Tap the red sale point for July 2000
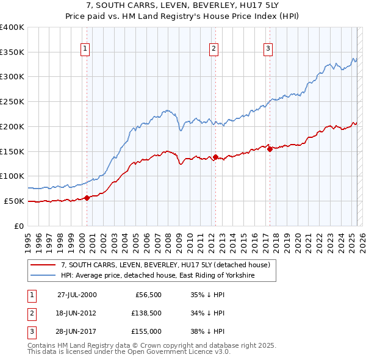pos(87,198)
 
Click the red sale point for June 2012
pos(215,157)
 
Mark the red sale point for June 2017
pos(270,148)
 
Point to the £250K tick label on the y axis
pos(12,102)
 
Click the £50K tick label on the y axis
pos(14,201)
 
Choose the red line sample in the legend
pos(43,265)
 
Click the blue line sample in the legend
pos(43,276)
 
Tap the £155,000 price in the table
pos(146,333)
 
